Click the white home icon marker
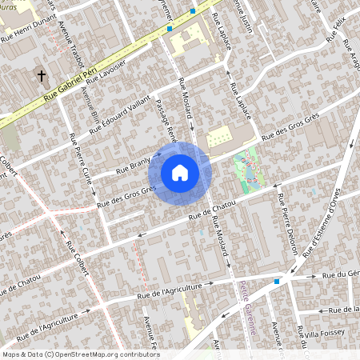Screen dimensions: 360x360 click(x=180, y=173)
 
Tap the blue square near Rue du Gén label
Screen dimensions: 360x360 click(x=277, y=281)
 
